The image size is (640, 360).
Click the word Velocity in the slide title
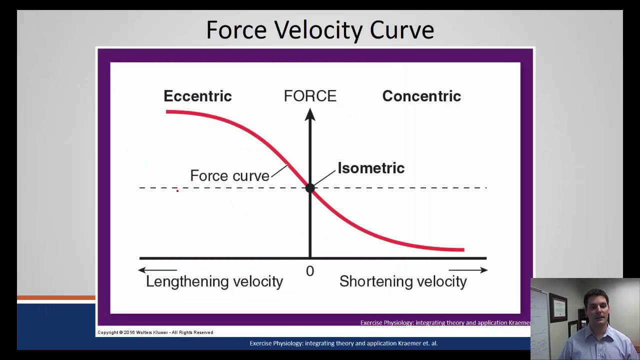[x=318, y=30]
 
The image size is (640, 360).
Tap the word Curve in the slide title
[x=401, y=30]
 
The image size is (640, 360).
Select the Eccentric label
[x=197, y=96]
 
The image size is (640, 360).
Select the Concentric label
[x=421, y=96]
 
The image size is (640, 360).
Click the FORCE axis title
[x=310, y=96]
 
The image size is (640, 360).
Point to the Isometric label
[x=371, y=168]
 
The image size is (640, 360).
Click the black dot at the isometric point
[x=310, y=188]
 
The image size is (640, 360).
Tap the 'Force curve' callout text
[x=229, y=175]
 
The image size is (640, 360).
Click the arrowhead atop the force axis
[x=310, y=115]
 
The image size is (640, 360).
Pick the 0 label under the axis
[x=310, y=271]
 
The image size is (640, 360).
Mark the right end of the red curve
[x=462, y=249]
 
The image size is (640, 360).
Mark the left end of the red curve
[x=167, y=112]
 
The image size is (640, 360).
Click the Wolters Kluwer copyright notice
[x=155, y=332]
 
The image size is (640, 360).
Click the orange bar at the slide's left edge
[x=56, y=298]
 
